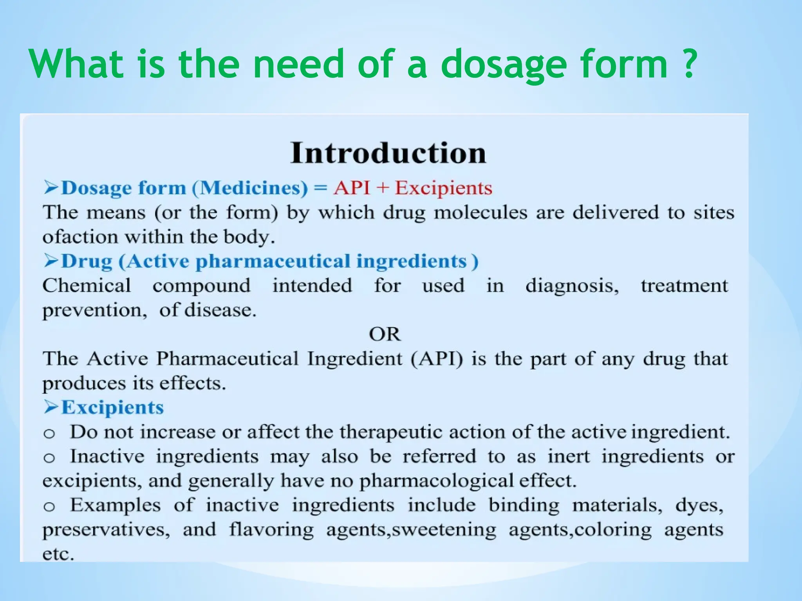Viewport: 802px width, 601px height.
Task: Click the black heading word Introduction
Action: [388, 153]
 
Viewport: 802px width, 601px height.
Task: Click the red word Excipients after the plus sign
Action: [443, 188]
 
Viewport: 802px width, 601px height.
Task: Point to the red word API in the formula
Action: [352, 187]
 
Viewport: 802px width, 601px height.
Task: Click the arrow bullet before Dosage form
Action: [51, 187]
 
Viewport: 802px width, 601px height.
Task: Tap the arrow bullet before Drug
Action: [51, 261]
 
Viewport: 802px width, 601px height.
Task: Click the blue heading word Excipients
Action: [112, 407]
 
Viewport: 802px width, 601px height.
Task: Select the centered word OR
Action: [385, 334]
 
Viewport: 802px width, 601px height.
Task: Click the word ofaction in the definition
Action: [80, 237]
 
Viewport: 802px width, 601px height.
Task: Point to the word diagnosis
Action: [572, 286]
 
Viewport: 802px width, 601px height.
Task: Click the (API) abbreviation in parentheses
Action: [437, 358]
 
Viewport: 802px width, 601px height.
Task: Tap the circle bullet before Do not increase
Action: [49, 433]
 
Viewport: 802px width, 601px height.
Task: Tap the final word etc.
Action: [58, 554]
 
